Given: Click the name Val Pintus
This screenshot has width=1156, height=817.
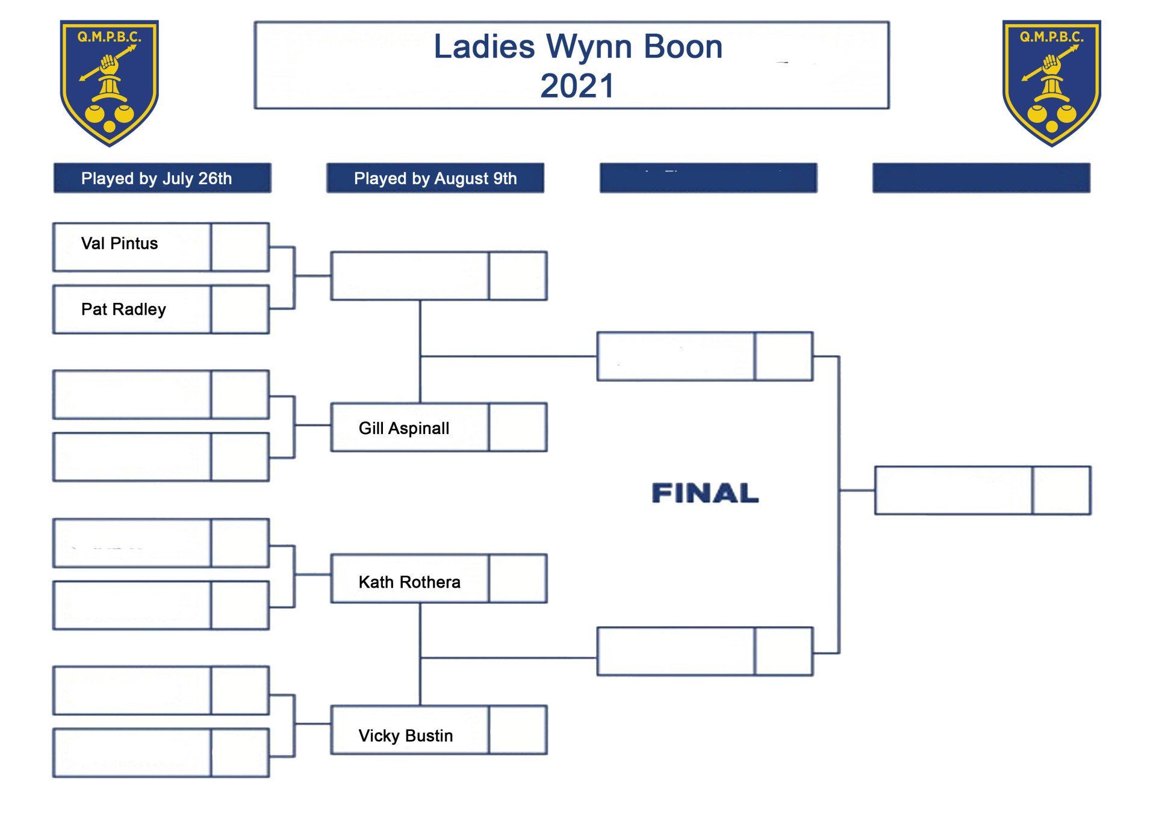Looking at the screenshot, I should pos(119,244).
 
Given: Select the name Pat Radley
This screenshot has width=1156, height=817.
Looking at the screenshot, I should pos(123,309).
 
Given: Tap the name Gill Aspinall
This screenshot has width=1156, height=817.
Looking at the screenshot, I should pos(404,429).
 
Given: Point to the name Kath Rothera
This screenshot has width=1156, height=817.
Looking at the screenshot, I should pos(409,582).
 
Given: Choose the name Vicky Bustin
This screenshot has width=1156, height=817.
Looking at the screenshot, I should pos(406,736).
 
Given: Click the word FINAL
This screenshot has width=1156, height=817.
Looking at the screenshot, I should pos(705,493).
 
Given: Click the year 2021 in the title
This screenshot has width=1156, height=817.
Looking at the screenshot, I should pos(577,86).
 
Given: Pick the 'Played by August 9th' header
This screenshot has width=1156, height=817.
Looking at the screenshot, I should pos(435,178).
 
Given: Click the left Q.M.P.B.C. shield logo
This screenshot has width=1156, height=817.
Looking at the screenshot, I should pos(109,82).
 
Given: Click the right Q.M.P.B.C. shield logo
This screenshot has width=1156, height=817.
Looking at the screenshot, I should pos(1051,82).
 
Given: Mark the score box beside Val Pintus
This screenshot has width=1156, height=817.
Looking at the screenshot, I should pos(240,247).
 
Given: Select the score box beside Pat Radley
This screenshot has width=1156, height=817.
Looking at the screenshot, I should pos(240,309).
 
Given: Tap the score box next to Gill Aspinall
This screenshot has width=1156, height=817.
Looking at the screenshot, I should pos(518,427).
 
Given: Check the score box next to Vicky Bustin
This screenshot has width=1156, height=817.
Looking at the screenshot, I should pos(518,730).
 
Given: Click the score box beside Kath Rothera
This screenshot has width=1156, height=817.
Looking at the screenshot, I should pos(518,579).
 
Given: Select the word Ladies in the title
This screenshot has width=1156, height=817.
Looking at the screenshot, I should pos(484,47).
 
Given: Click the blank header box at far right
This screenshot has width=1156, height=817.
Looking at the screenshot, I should pos(981,178).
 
